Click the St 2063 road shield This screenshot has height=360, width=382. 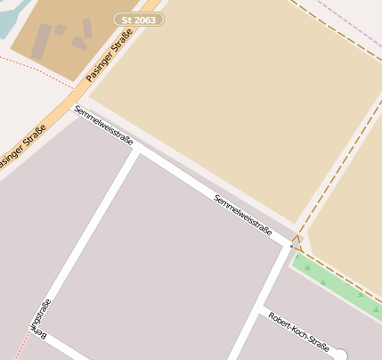pyautogui.click(x=140, y=19)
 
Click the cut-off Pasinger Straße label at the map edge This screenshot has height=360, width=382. pyautogui.click(x=21, y=144)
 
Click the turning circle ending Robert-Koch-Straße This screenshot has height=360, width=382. pyautogui.click(x=339, y=356)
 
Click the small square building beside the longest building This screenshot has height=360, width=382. pyautogui.click(x=60, y=29)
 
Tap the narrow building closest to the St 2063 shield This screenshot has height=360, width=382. pyautogui.click(x=87, y=29)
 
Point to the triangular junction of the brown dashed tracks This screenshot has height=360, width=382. pyautogui.click(x=297, y=239)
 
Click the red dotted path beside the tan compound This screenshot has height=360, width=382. pyautogui.click(x=36, y=70)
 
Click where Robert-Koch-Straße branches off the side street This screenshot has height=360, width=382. pyautogui.click(x=261, y=308)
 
